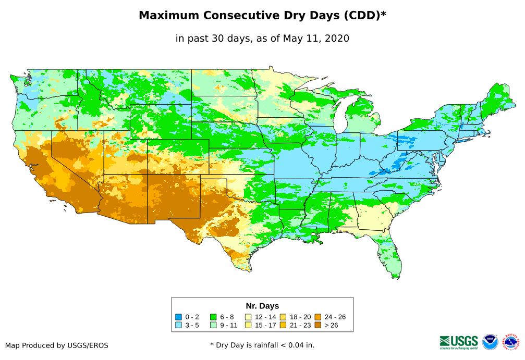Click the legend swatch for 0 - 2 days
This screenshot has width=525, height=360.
(x=179, y=317)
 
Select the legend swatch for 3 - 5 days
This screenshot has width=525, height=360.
(x=179, y=325)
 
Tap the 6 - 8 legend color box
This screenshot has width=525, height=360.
(x=214, y=317)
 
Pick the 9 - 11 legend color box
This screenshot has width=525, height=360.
(x=214, y=325)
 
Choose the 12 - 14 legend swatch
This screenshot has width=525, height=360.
(x=249, y=317)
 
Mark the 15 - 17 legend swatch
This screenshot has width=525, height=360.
(x=249, y=325)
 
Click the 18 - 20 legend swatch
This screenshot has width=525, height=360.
(x=283, y=317)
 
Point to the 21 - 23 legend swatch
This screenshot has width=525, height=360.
(x=283, y=325)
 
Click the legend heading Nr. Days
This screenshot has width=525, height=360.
(x=262, y=306)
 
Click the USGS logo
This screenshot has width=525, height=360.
(x=459, y=342)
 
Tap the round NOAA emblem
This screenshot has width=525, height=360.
(x=490, y=342)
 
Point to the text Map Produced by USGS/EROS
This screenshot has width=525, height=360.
(x=57, y=345)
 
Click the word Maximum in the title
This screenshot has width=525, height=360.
(x=169, y=16)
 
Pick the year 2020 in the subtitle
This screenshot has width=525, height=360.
(x=337, y=38)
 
